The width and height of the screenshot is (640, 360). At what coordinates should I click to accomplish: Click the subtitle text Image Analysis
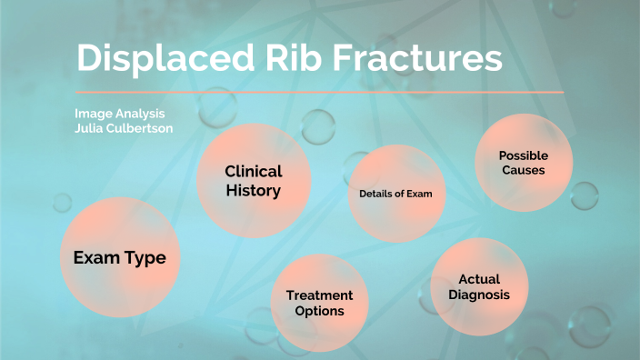click(121, 114)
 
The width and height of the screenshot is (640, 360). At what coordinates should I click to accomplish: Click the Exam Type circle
click(119, 258)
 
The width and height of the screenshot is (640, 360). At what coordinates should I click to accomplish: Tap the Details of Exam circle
click(389, 195)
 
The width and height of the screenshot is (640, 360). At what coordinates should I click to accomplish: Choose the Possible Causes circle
click(523, 163)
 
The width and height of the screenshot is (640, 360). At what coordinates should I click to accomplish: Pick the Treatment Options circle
click(319, 304)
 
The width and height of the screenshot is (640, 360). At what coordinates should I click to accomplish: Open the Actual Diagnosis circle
click(479, 287)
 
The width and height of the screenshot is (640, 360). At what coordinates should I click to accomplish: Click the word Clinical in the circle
click(254, 171)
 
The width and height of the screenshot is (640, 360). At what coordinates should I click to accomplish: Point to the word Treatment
click(319, 295)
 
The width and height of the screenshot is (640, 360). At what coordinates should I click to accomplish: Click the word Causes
click(523, 170)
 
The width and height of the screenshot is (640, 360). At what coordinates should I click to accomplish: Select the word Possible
click(523, 155)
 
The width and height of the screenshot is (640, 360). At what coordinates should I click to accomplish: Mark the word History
click(254, 191)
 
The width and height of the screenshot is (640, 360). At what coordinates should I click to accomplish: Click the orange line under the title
click(319, 92)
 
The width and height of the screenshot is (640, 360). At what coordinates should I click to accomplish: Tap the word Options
click(319, 311)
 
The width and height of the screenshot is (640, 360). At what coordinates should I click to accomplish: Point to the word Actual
click(479, 279)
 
